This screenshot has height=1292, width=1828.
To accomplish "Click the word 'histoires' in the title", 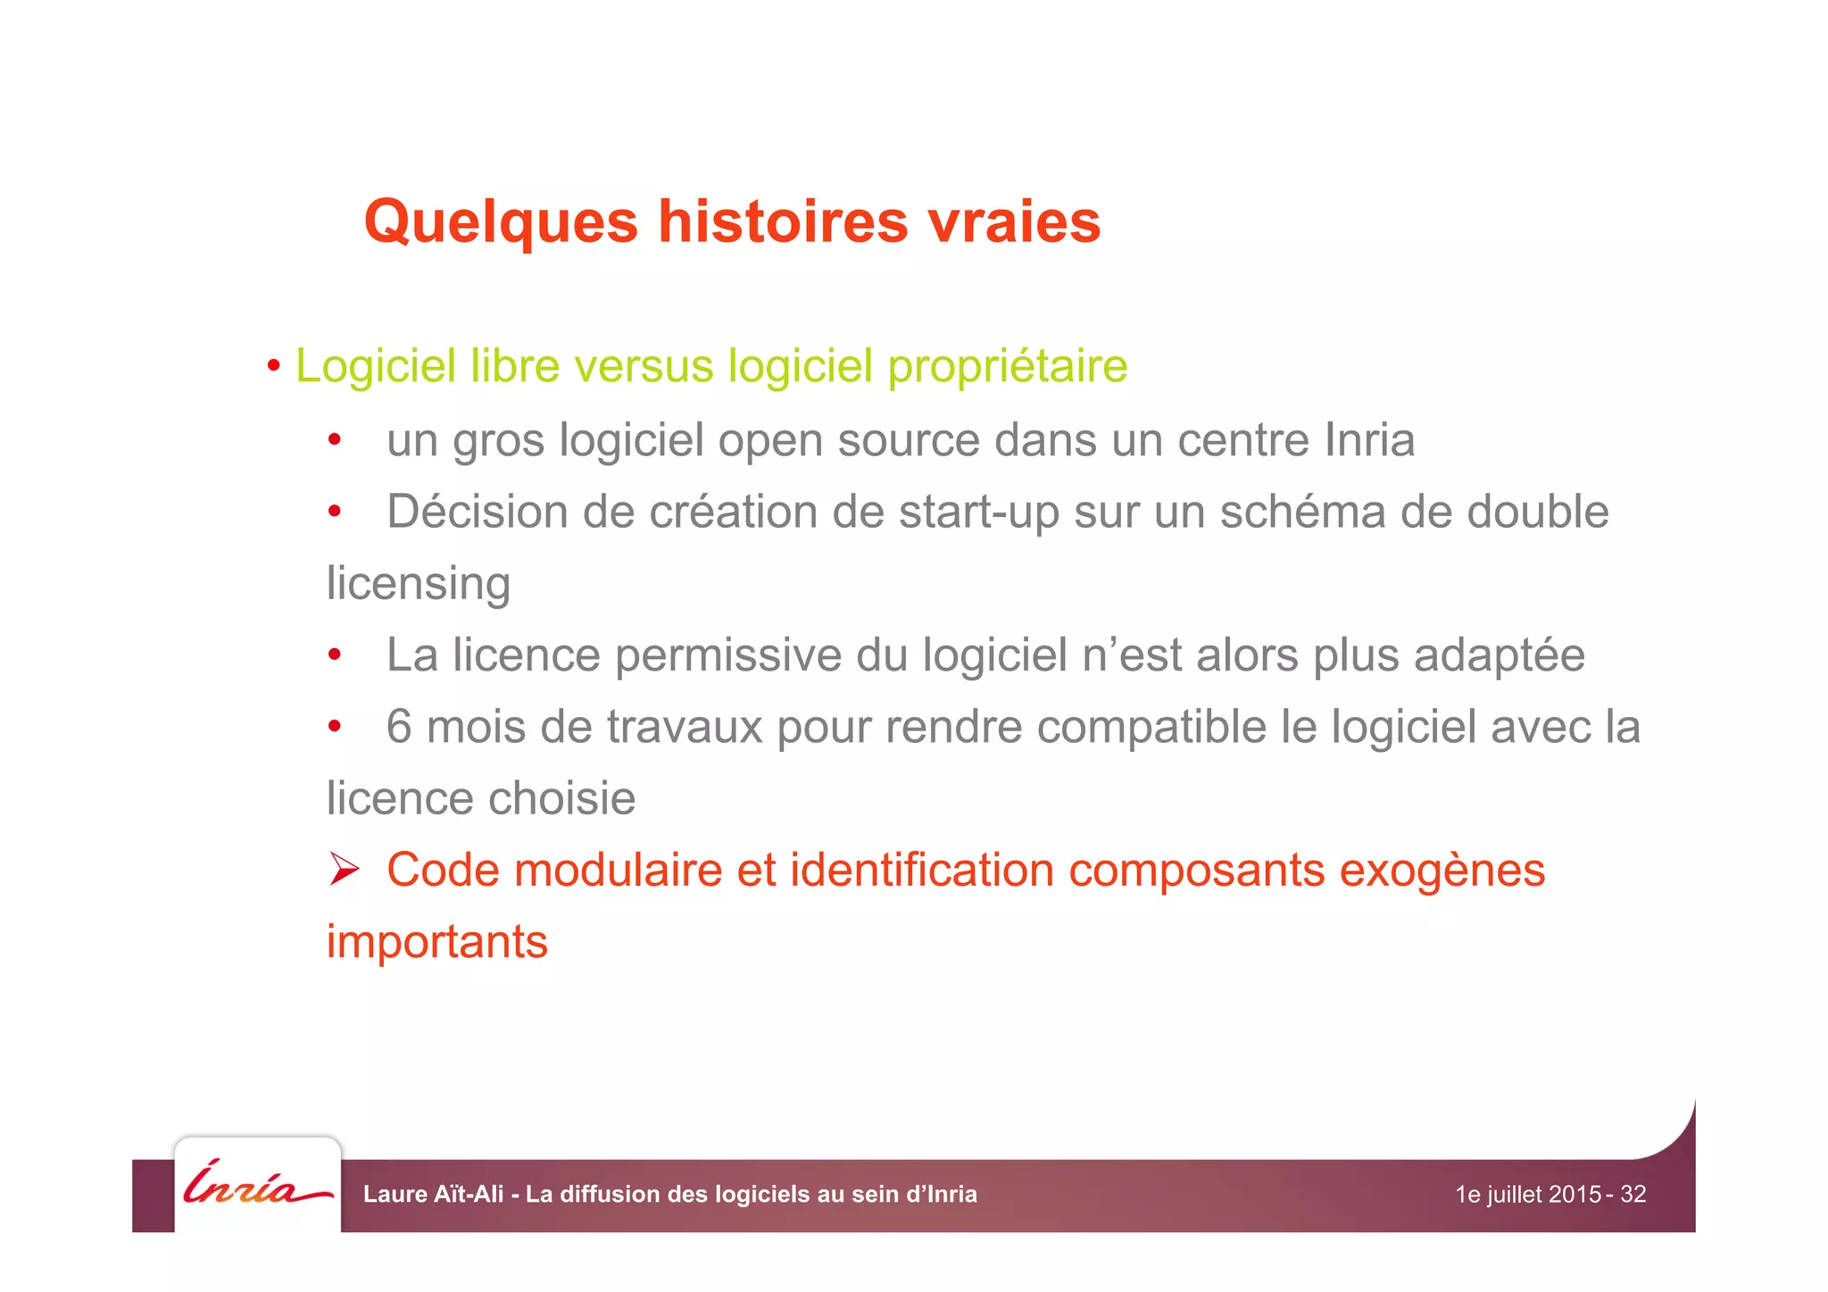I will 782,221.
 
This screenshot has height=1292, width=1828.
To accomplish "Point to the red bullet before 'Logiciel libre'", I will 274,366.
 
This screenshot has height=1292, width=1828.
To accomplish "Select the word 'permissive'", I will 728,655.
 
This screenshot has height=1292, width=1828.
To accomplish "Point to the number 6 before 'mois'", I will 399,727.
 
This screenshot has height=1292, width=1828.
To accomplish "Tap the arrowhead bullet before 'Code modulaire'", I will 344,869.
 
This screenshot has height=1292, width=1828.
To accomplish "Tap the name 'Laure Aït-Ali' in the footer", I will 433,1195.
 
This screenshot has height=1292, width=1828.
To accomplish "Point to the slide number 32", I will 1633,1195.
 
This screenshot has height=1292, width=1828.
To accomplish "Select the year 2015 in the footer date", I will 1575,1195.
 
